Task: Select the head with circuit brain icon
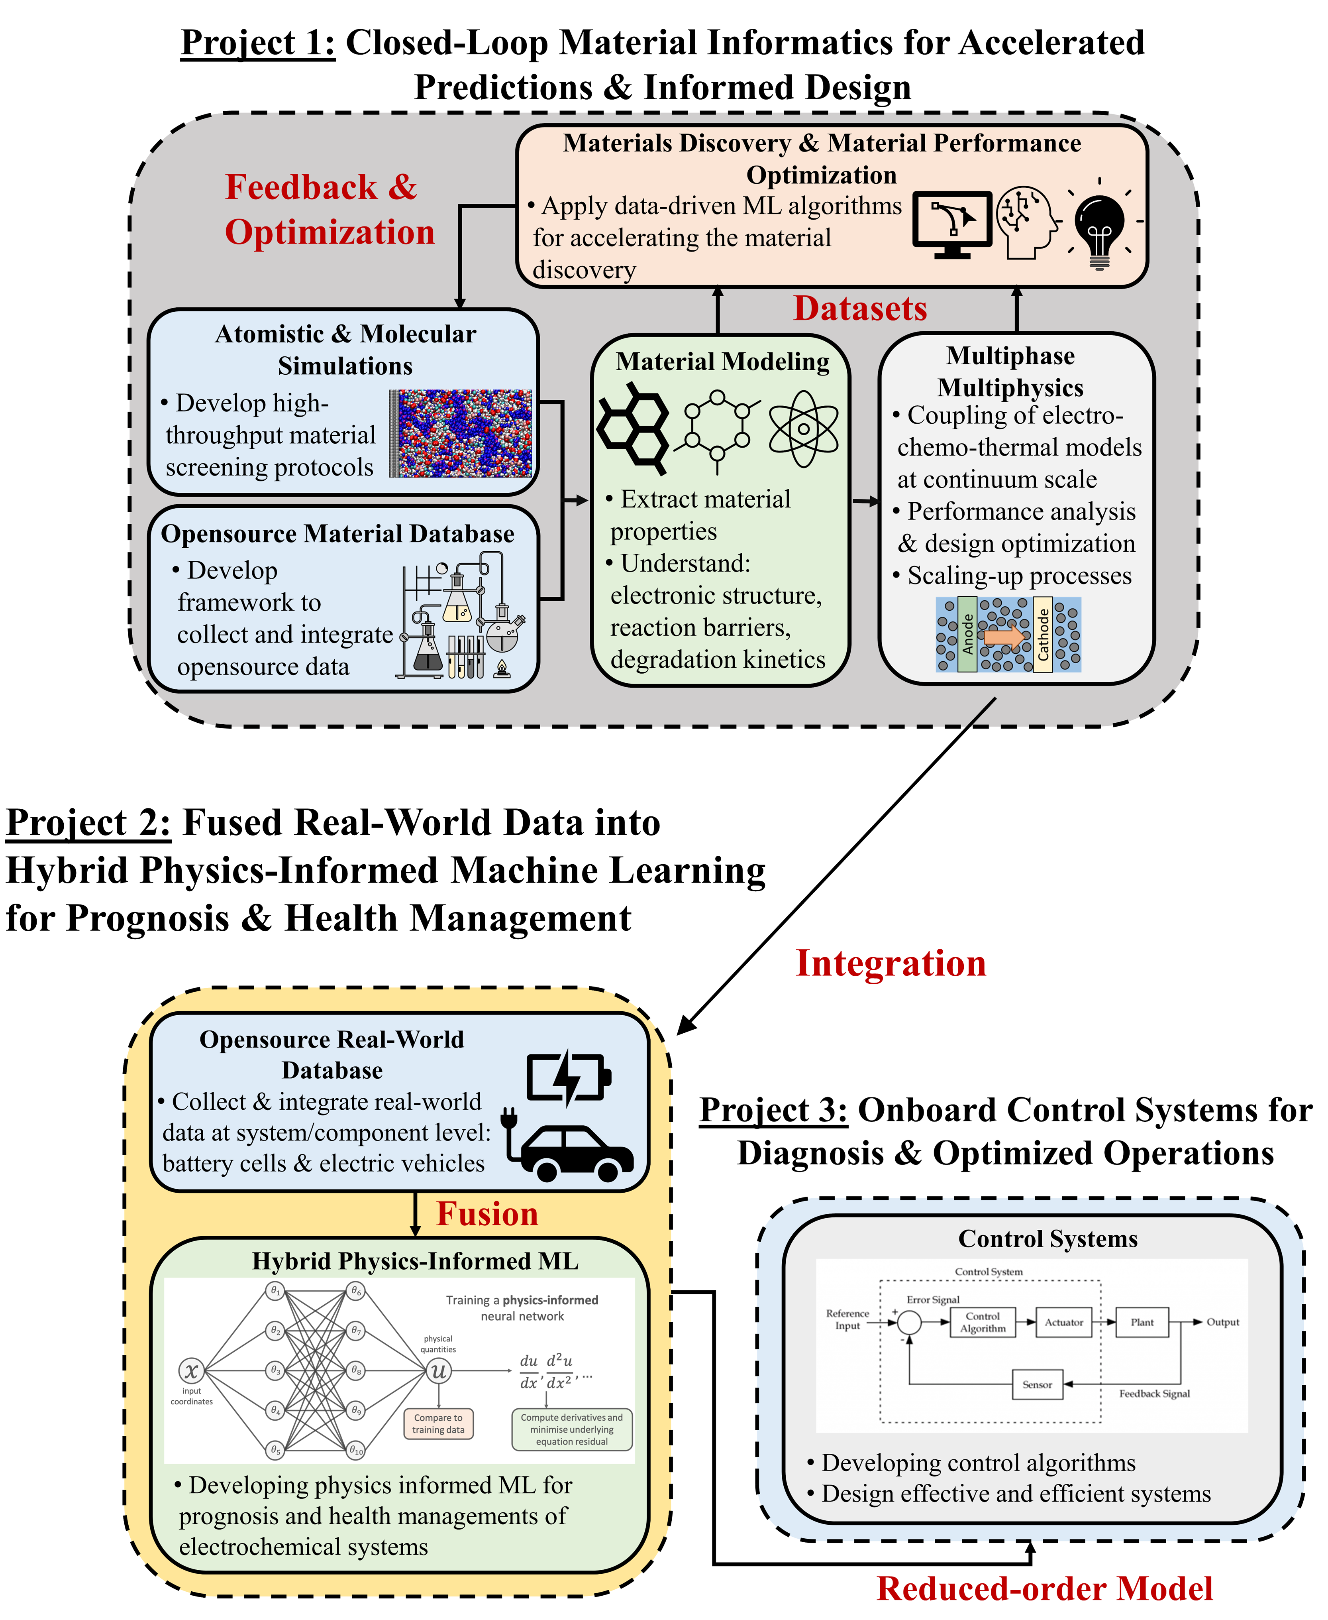coord(1029,222)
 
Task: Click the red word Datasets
coord(860,309)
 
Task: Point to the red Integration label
coord(891,963)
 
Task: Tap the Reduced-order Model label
coord(1044,1589)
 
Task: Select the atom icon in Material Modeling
coord(803,429)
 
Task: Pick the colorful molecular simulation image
coord(461,434)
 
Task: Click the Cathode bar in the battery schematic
coord(1043,634)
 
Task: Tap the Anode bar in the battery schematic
coord(967,634)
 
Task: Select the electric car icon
coord(570,1148)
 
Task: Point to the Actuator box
coord(1063,1322)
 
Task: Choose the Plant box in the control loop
coord(1142,1322)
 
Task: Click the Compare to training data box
coord(438,1423)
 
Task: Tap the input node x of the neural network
coord(191,1370)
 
